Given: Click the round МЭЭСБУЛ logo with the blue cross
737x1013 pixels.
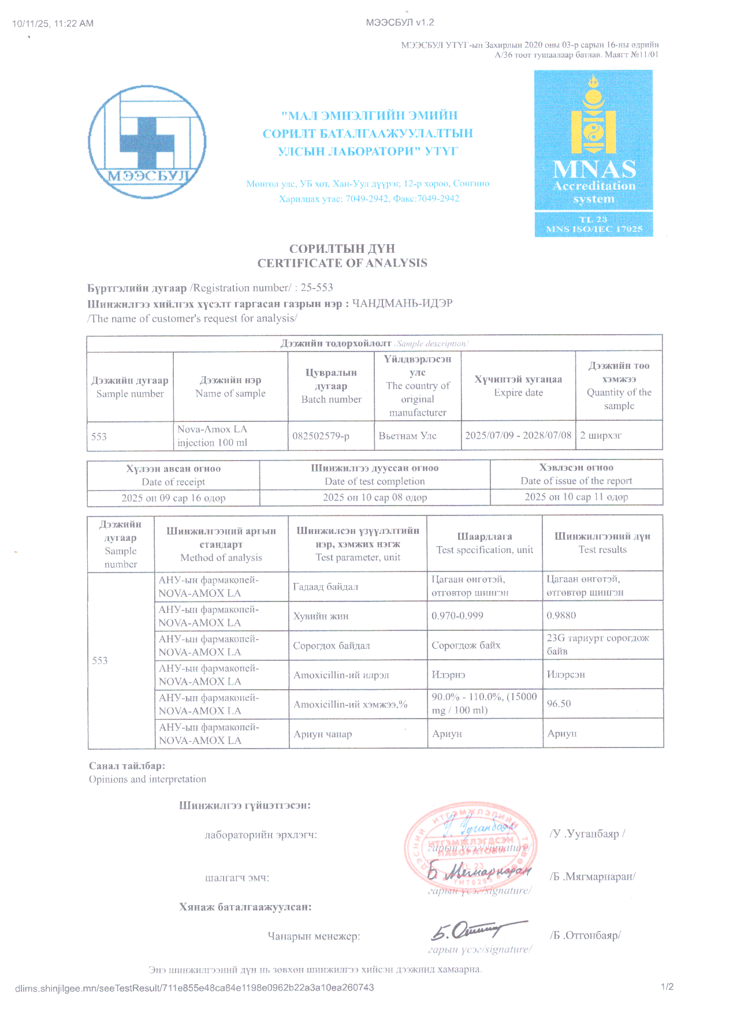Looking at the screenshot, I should point(147,142).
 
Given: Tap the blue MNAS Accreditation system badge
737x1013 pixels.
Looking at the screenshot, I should point(593,153).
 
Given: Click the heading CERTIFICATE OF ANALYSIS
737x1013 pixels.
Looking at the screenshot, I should point(342,263).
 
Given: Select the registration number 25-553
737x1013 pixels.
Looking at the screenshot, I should point(317,287).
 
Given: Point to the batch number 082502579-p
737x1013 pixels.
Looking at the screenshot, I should point(321,436).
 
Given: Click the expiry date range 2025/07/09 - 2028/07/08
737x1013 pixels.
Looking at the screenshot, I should point(518,435).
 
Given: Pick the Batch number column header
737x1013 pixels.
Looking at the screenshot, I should point(331,386).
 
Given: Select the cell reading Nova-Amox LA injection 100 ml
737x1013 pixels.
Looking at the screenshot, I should point(213,436).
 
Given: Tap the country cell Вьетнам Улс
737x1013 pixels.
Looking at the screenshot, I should point(407,436).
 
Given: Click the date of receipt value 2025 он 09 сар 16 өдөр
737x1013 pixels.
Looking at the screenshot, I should point(173,498).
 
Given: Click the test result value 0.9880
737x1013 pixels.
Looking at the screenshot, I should point(561,615).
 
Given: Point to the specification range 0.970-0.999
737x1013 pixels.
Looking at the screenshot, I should point(457,615).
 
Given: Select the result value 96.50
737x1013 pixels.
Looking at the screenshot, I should point(559,704).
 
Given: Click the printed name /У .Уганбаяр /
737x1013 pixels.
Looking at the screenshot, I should point(587,833).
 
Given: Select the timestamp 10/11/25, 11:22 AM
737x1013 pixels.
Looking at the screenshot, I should point(53,24).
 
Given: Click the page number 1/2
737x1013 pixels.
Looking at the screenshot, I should point(667,986).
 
